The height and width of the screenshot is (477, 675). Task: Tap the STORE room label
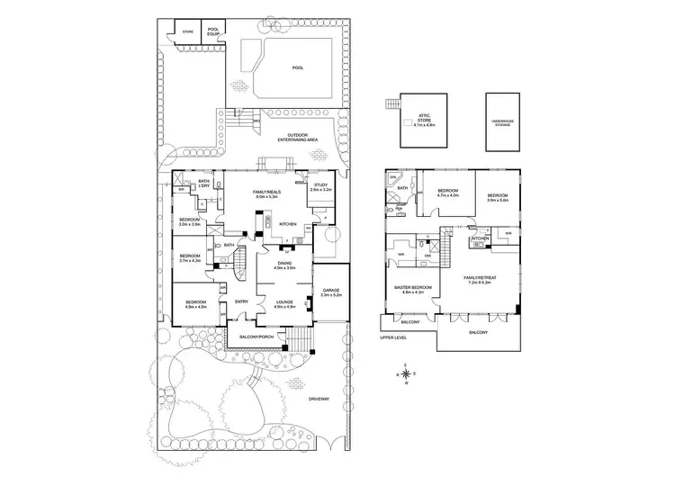(x=188, y=31)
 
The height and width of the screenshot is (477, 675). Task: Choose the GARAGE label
(x=330, y=289)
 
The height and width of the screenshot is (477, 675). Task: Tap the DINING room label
(x=285, y=263)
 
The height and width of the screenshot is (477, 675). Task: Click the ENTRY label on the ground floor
(x=241, y=301)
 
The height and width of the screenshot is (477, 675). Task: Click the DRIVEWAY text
(x=319, y=398)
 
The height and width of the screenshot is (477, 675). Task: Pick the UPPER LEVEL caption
(x=394, y=338)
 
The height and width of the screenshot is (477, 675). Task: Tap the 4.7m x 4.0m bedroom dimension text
(x=448, y=194)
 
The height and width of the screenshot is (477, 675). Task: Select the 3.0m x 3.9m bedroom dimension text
(x=189, y=223)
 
